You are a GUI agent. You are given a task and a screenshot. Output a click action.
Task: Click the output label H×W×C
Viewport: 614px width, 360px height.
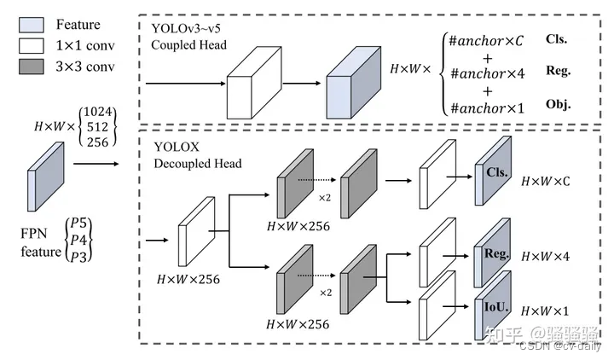pos(546,183)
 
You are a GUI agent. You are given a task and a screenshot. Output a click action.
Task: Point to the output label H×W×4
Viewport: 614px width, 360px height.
pos(546,256)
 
